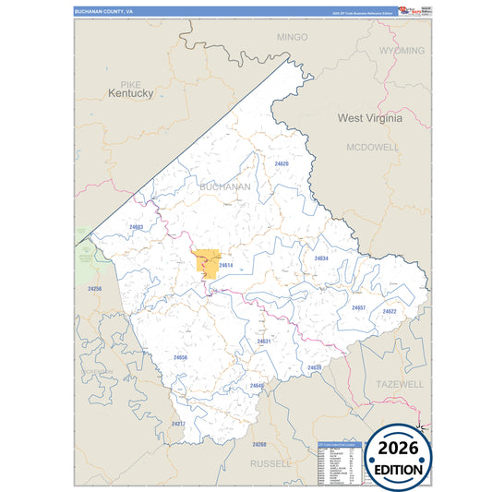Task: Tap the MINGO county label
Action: click(292, 37)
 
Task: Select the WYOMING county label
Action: click(402, 50)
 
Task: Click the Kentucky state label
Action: click(129, 93)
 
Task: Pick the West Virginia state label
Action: click(369, 118)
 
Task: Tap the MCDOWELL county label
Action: click(373, 147)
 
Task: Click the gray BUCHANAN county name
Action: click(224, 186)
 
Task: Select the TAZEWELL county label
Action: click(399, 382)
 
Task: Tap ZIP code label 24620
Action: click(281, 163)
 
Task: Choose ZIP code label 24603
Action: click(137, 226)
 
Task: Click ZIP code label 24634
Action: click(320, 258)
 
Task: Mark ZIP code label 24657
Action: click(358, 307)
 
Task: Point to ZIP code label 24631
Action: click(264, 341)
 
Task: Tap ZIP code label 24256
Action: click(94, 289)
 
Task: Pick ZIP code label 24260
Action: click(258, 444)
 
